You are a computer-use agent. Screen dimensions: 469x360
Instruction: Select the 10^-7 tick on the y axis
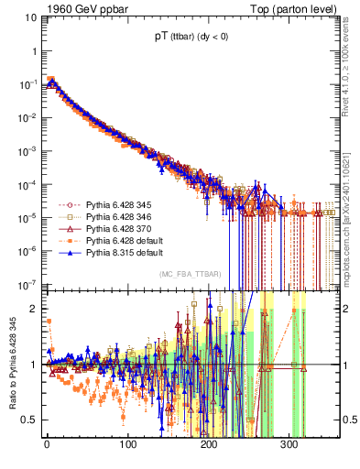point(28,283)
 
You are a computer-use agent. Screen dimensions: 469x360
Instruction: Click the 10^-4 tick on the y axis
point(28,183)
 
